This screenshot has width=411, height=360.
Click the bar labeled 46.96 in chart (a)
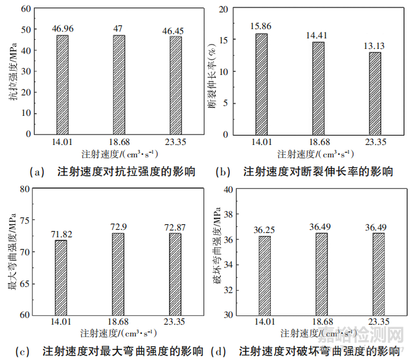click(63, 84)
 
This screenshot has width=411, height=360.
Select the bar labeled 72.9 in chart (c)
click(117, 274)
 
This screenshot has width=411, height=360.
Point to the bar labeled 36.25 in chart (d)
click(263, 275)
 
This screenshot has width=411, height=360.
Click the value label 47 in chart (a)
click(120, 29)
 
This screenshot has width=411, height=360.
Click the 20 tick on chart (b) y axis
click(223, 9)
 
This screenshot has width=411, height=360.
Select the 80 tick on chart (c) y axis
click(25, 189)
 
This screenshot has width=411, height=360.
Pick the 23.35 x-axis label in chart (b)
click(375, 143)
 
